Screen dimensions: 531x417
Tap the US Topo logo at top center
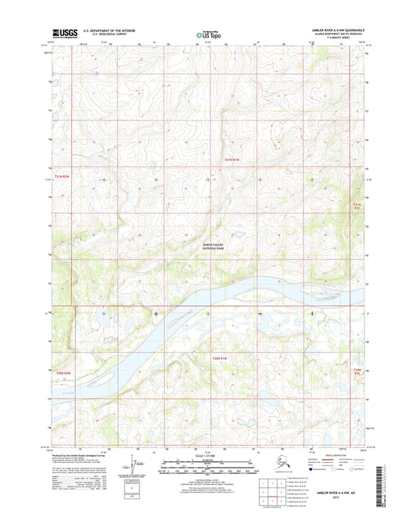[208, 34]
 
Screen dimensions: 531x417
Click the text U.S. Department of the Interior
[102, 30]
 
